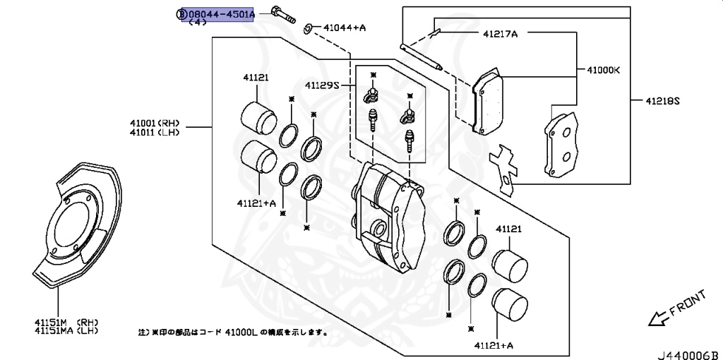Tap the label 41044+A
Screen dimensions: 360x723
point(345,28)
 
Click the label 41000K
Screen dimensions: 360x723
point(603,71)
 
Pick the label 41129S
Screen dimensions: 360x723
point(323,85)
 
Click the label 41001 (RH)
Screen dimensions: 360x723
point(154,122)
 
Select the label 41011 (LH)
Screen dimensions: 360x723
point(154,132)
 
